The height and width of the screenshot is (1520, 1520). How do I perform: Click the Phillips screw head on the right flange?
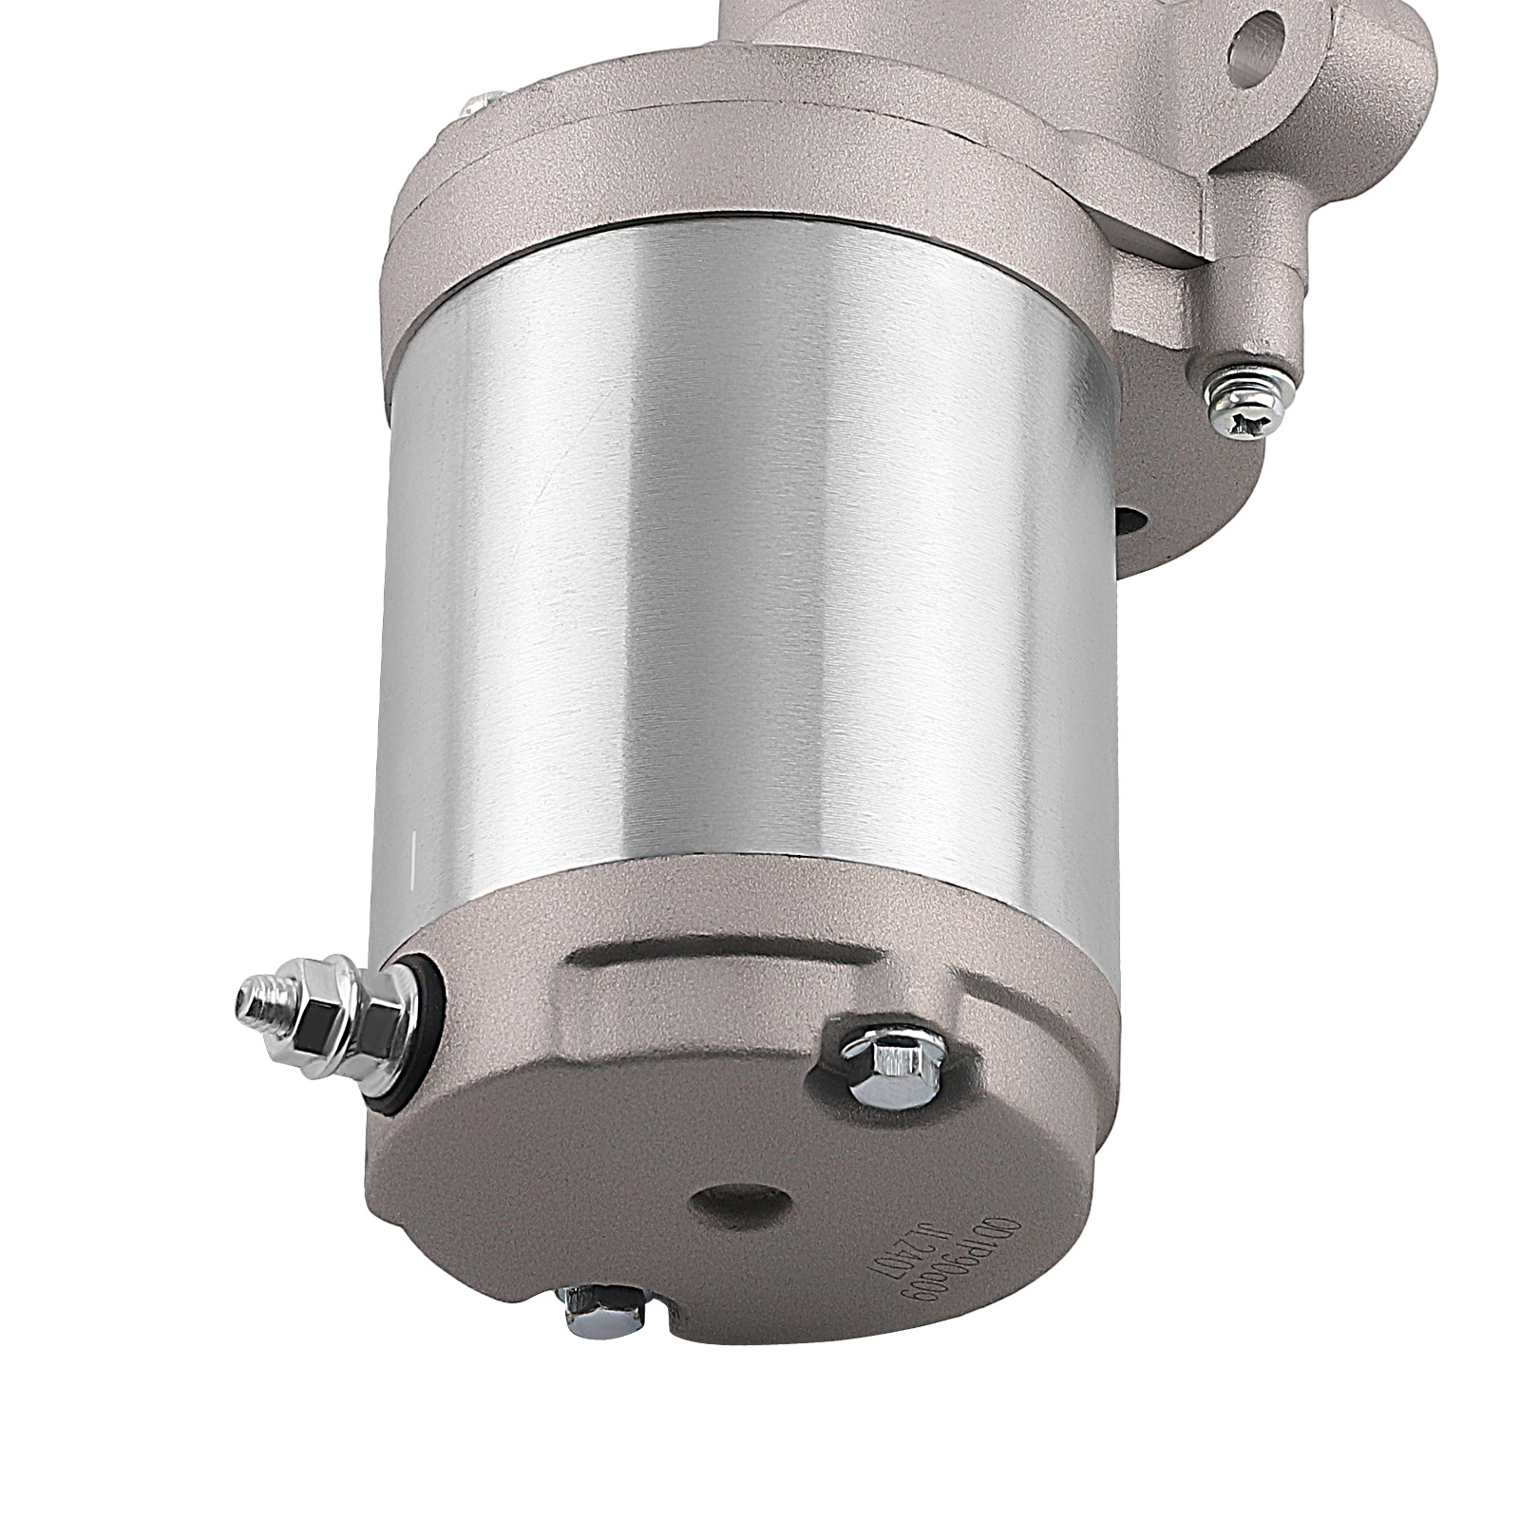[x=1245, y=389]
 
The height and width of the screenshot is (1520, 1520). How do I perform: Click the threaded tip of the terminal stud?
[x=249, y=997]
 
